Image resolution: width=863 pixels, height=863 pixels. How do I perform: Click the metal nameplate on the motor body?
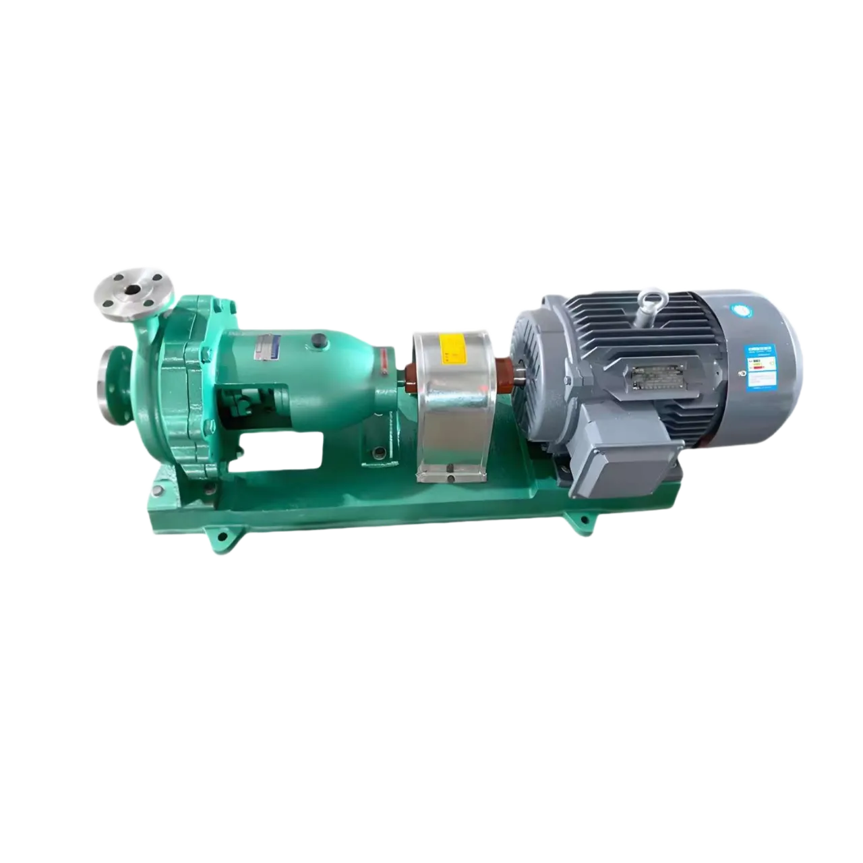(650, 378)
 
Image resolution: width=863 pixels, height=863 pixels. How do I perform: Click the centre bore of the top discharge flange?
(133, 290)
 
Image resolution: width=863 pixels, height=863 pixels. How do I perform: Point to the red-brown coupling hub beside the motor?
(504, 373)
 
